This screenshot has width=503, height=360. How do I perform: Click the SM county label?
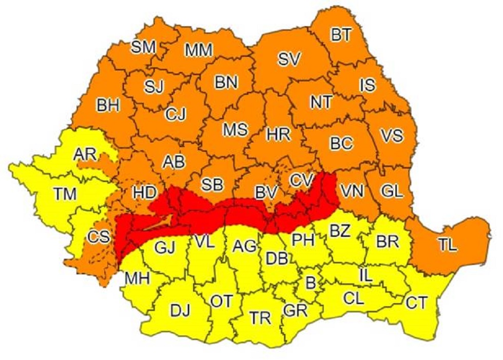click(x=143, y=47)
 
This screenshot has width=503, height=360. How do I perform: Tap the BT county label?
click(x=341, y=35)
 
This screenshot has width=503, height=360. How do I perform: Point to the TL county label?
click(x=448, y=246)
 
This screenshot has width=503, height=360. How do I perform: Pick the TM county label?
click(x=65, y=194)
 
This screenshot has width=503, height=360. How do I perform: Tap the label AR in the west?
click(x=84, y=154)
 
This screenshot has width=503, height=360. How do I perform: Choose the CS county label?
click(x=98, y=237)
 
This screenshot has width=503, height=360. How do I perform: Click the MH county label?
click(x=137, y=279)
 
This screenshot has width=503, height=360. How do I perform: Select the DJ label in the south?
click(x=180, y=310)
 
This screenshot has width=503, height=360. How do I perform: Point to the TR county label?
click(x=260, y=318)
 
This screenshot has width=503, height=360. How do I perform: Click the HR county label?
click(x=279, y=134)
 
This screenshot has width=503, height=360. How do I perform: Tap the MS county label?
click(x=235, y=129)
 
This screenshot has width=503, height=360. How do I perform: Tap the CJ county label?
click(x=176, y=114)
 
